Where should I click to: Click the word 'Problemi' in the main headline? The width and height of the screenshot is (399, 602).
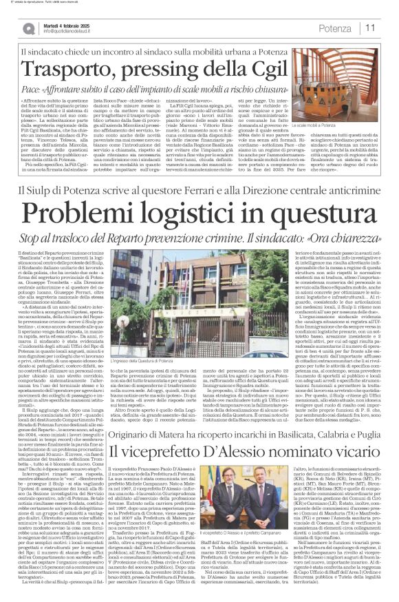pos(91,210)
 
